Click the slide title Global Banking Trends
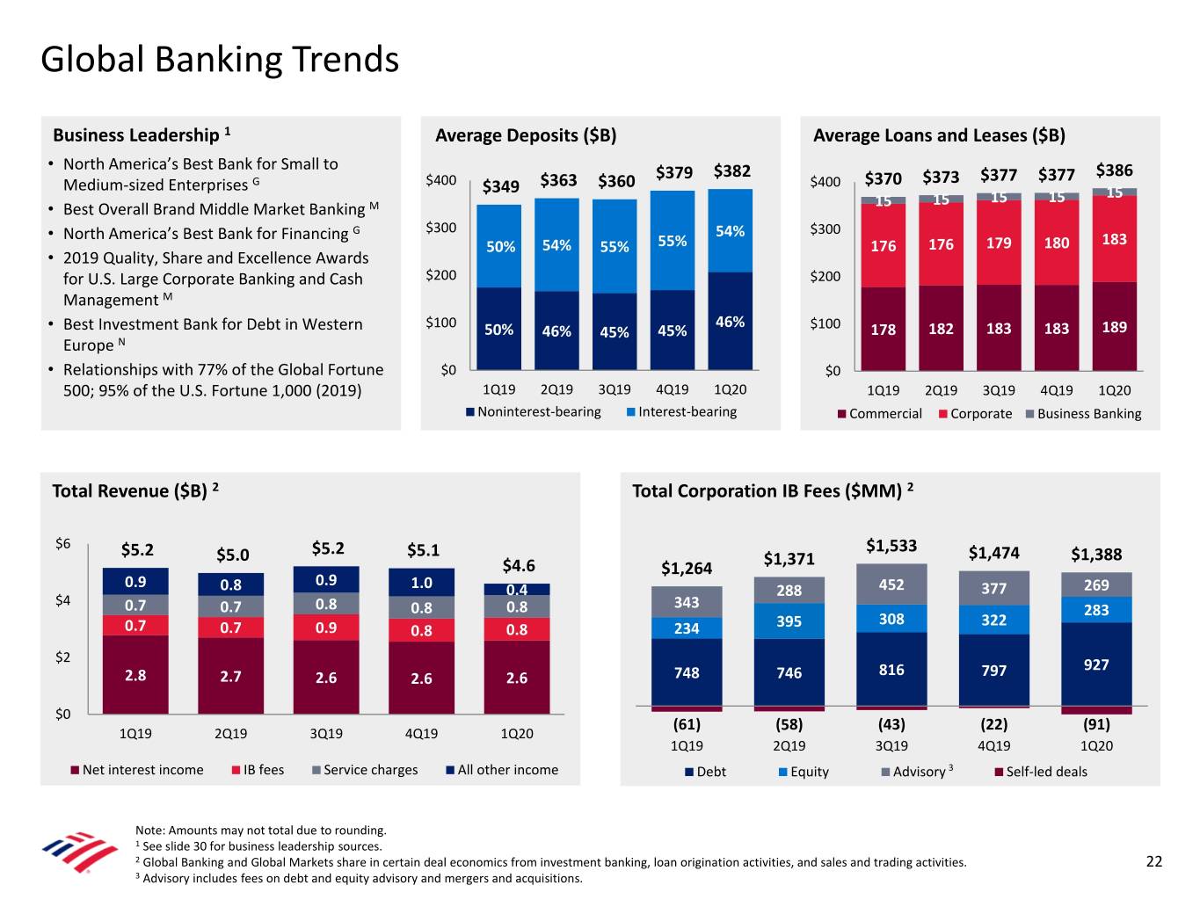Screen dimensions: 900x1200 point(220,60)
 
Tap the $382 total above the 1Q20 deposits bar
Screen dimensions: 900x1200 point(731,171)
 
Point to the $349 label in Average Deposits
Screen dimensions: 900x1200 point(500,186)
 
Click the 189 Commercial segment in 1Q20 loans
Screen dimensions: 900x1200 point(1114,327)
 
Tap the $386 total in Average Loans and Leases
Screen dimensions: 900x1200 point(1114,171)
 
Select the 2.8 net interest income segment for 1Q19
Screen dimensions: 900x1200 point(135,675)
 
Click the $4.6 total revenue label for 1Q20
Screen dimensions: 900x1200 point(519,565)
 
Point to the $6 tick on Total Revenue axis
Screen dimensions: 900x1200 point(62,543)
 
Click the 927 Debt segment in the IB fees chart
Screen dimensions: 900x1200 point(1096,664)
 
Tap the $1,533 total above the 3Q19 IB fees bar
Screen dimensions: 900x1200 point(891,546)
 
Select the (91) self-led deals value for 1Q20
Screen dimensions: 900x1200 point(1096,724)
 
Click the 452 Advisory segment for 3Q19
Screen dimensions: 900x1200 point(891,584)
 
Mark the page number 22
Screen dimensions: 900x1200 point(1153,861)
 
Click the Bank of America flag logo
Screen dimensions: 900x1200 point(79,852)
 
